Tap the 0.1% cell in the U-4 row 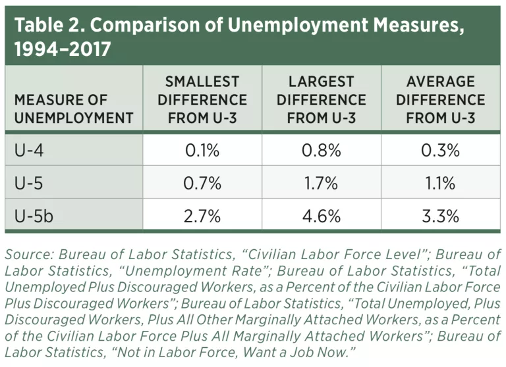point(202,151)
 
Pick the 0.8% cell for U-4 point(321,151)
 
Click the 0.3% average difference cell point(440,151)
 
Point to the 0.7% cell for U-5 point(202,183)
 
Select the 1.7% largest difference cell point(321,183)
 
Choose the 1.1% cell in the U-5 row point(440,183)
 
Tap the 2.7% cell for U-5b point(202,216)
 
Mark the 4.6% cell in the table point(321,216)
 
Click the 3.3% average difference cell point(440,216)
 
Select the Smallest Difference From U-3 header point(202,100)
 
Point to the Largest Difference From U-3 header point(321,100)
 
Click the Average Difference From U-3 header point(440,100)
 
